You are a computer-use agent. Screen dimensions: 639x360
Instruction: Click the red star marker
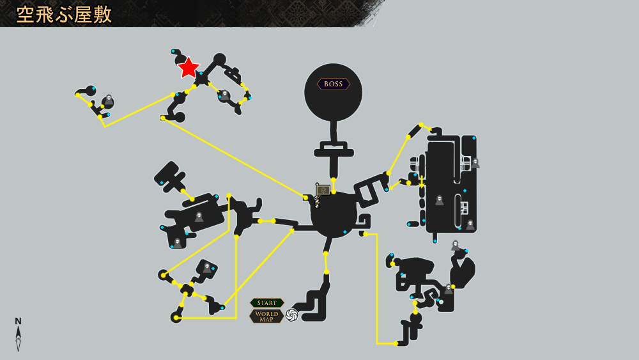tap(189, 68)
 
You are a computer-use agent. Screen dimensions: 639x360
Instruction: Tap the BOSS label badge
tap(334, 84)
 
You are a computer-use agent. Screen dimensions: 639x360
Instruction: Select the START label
tap(267, 303)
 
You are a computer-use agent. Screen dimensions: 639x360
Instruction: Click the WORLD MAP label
tap(266, 317)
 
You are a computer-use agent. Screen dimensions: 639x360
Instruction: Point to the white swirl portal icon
tap(292, 315)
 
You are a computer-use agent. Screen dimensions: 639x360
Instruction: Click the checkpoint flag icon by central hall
tap(322, 191)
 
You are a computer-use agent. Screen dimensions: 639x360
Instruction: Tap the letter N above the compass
tap(18, 321)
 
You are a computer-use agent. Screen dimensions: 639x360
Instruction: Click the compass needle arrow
tap(19, 338)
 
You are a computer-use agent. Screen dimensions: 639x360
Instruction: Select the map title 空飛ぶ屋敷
tap(64, 15)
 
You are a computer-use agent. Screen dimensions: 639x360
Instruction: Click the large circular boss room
tap(334, 92)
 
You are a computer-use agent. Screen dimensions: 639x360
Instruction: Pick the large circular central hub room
tap(334, 214)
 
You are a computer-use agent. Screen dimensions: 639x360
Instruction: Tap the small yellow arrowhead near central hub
tap(292, 231)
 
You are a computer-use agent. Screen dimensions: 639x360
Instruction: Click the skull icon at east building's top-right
tap(475, 162)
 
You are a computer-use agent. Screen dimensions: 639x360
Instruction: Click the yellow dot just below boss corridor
tap(334, 180)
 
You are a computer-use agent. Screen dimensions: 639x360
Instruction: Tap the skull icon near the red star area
tap(224, 95)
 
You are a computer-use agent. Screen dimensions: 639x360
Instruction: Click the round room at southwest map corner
tap(176, 317)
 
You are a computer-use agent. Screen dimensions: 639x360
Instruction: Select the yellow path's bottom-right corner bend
tap(377, 343)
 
